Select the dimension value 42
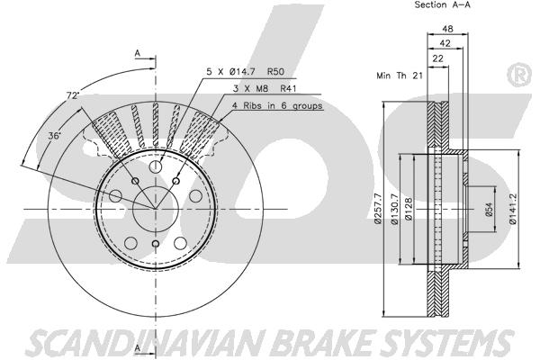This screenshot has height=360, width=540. (x=445, y=42)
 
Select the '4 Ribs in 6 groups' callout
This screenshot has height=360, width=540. (x=276, y=105)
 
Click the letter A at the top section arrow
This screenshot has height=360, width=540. (x=137, y=53)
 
